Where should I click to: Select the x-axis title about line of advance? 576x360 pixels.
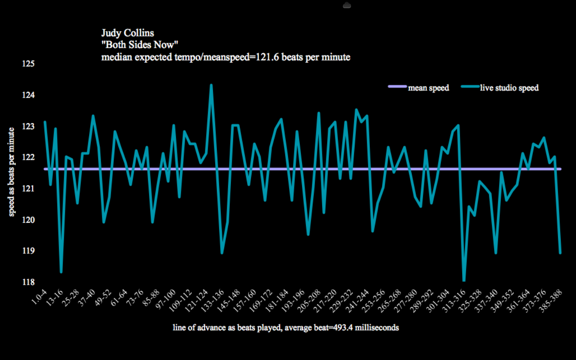point(286,328)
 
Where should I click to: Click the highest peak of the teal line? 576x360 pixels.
point(211,85)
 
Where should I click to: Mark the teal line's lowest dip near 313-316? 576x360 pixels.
point(463,280)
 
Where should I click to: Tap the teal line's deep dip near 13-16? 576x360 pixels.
point(61,272)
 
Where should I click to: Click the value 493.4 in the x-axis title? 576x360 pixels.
point(342,328)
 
